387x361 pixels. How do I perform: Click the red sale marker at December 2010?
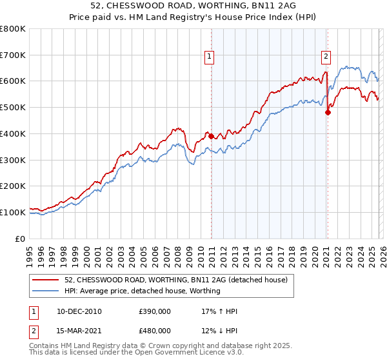(211, 136)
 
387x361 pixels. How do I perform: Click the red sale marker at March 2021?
(328, 112)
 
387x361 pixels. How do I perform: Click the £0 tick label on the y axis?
(21, 239)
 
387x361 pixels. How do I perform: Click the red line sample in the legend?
(46, 279)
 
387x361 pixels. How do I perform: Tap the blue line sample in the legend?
(46, 291)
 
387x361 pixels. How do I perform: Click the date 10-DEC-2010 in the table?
(79, 311)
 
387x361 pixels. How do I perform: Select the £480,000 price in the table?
(155, 331)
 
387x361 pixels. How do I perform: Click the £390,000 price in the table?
(155, 311)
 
